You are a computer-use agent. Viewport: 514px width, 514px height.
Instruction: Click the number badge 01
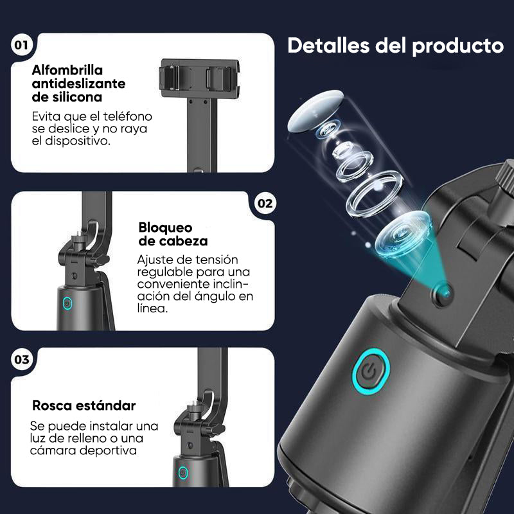point(22,46)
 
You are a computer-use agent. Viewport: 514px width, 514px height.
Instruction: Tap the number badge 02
point(265,204)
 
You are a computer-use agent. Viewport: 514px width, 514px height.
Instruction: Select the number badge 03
point(22,359)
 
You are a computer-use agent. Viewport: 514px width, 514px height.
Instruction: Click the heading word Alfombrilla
point(67,69)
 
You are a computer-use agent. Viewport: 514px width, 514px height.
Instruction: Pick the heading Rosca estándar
point(84,405)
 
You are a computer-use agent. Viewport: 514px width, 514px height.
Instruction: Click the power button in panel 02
point(67,303)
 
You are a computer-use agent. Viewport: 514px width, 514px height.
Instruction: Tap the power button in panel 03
point(183,473)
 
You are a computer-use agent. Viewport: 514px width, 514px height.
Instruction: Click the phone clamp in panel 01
point(199,78)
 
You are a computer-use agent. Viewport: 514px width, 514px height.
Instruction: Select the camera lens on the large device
point(442,295)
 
